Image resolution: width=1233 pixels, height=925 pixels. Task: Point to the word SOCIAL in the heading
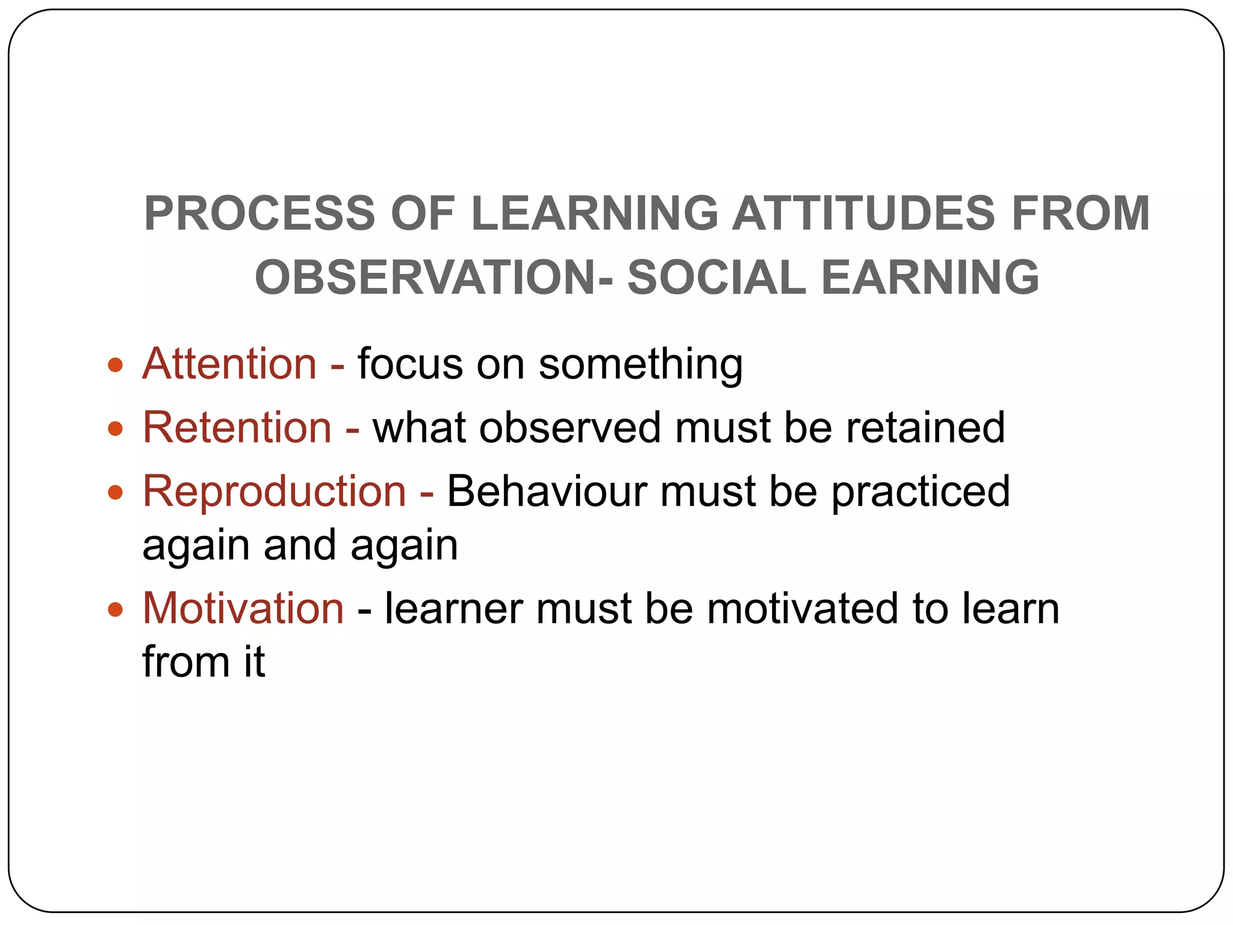[x=716, y=277]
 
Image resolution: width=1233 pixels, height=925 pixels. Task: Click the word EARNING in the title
[x=930, y=277]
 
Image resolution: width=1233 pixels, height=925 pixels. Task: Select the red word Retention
[x=237, y=428]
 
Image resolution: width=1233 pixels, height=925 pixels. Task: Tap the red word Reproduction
[x=275, y=491]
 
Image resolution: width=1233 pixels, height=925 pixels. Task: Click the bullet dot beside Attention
[x=116, y=365]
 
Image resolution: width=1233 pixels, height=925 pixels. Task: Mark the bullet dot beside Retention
[x=116, y=429]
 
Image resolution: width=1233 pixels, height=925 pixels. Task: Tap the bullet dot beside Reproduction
[x=116, y=493]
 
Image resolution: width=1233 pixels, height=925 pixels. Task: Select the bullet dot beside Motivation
[x=116, y=609]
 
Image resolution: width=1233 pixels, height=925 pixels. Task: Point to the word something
[x=641, y=365]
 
